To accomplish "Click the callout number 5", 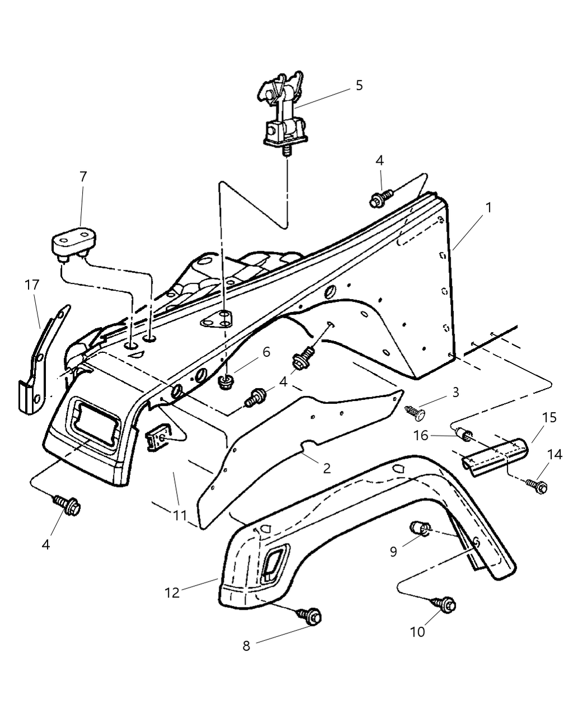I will click(x=359, y=86).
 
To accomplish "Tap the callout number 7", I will click(x=83, y=177).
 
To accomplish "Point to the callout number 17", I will click(x=32, y=285).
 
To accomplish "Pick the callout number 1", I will click(x=489, y=207).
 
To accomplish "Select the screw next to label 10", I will click(x=443, y=604).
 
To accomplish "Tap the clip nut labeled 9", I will click(x=420, y=527).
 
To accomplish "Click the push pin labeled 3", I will click(x=416, y=413).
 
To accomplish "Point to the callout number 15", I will click(x=550, y=418).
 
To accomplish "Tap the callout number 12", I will click(x=172, y=592).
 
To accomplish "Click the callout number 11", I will click(x=180, y=515).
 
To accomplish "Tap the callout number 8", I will click(x=246, y=645).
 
